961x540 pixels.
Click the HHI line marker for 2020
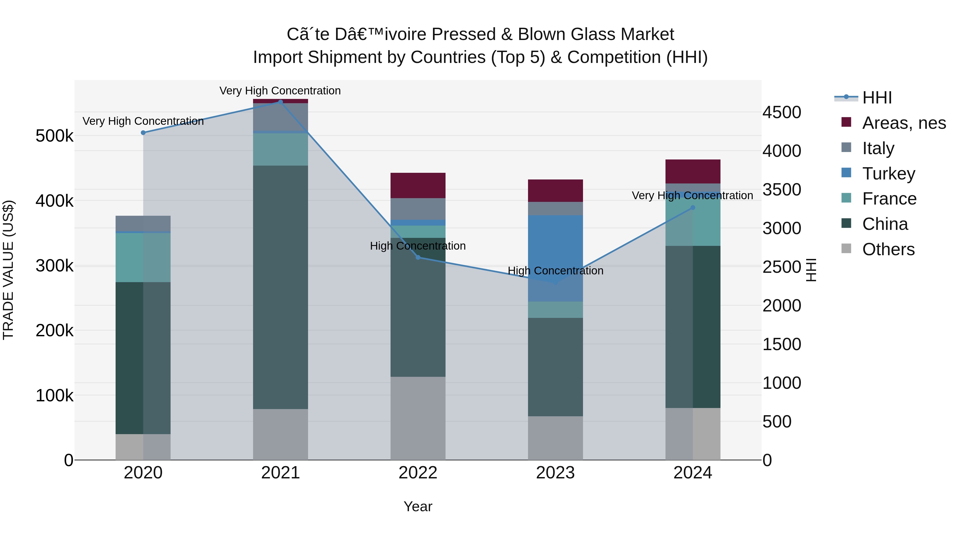click(143, 133)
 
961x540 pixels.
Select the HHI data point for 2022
click(418, 258)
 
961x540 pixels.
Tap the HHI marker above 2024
click(693, 207)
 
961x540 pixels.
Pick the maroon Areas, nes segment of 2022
click(418, 186)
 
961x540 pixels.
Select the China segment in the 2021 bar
click(281, 287)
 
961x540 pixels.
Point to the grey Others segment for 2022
click(418, 418)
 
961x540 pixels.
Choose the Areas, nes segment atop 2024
click(693, 171)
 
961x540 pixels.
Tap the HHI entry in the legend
click(877, 98)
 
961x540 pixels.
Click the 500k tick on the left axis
click(54, 136)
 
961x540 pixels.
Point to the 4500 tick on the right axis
click(782, 113)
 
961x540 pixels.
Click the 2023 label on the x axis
click(555, 473)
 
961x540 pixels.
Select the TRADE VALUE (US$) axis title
click(8, 270)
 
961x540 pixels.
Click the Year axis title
click(418, 506)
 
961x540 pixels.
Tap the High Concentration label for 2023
click(555, 271)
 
